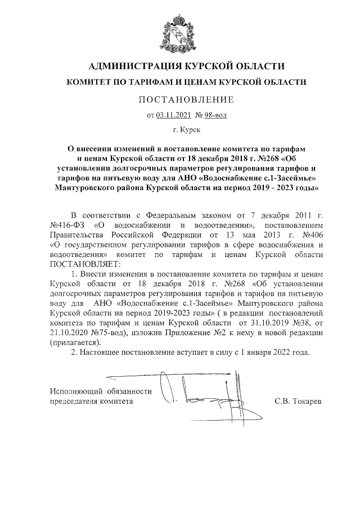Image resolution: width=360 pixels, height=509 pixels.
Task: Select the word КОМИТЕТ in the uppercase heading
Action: [x=90, y=82]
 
